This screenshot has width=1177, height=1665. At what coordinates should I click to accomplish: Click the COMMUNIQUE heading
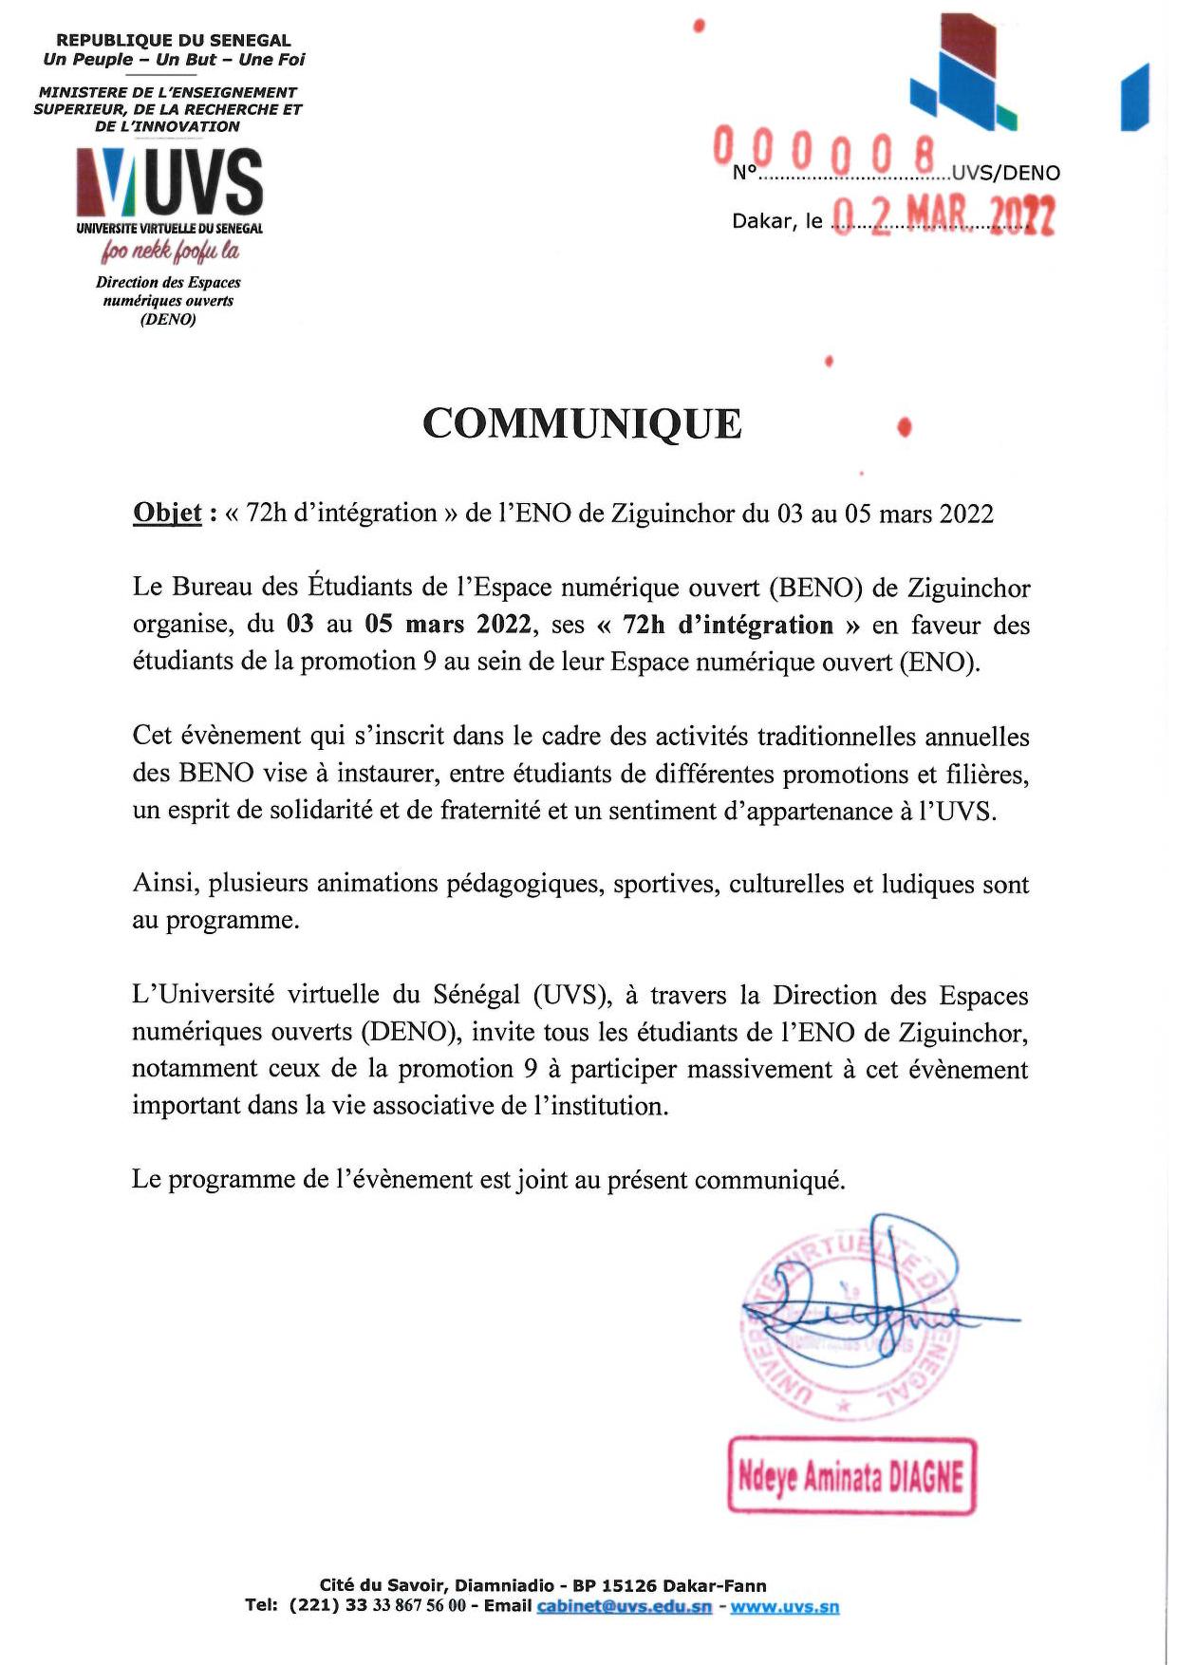coord(582,423)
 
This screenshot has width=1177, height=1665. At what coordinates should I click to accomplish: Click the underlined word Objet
coord(167,514)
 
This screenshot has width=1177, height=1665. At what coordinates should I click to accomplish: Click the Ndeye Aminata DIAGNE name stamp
coord(851,1476)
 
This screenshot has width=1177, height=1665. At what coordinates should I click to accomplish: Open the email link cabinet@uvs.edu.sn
coord(624,1606)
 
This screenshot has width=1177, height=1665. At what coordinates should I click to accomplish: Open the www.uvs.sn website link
coord(784,1606)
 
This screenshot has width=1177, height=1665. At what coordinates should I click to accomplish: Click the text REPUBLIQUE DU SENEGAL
coord(174,40)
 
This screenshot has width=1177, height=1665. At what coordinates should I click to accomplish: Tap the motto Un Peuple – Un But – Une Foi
coord(174,59)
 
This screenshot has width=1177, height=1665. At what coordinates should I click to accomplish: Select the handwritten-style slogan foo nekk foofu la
coord(170,252)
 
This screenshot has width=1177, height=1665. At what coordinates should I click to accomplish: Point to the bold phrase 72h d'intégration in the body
coord(728,625)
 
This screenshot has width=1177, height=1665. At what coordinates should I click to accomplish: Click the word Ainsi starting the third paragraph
coord(165,884)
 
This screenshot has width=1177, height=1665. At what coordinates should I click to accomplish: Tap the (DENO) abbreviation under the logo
coord(168,319)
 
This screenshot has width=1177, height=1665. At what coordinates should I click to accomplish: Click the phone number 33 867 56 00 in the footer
coord(412,1606)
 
